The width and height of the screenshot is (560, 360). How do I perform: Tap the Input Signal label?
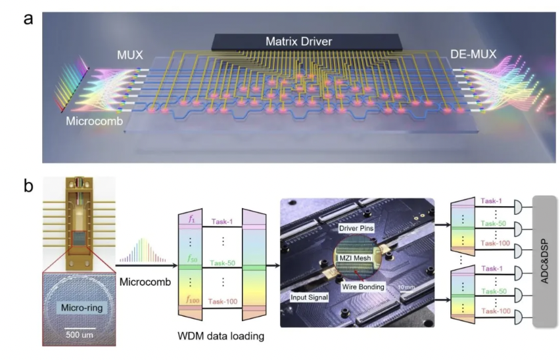point(310,298)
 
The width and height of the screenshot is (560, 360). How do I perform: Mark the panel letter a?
point(28,18)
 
